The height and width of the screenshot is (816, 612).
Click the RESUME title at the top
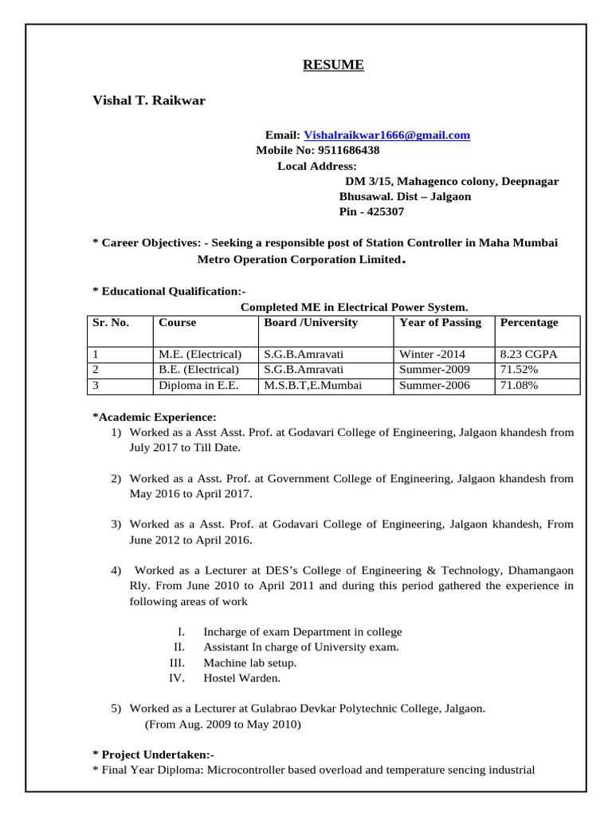(x=333, y=65)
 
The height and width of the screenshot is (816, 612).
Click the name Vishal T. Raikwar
(x=149, y=100)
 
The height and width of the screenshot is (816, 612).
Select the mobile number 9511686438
(x=348, y=151)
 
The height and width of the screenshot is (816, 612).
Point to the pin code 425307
(x=384, y=212)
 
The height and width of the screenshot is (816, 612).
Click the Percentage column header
(x=528, y=323)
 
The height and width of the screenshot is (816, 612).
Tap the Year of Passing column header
(x=440, y=323)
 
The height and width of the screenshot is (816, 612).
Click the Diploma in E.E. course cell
(x=198, y=386)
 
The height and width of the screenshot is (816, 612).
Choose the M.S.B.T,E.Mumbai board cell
(x=313, y=386)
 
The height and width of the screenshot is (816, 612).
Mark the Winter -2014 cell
(x=433, y=354)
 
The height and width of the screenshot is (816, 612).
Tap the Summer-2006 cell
(x=434, y=386)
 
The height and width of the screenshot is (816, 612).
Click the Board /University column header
(x=311, y=323)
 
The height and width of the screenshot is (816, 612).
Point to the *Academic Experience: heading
(x=154, y=418)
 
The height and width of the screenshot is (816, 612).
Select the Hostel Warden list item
(x=242, y=679)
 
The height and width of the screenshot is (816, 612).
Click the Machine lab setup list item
(x=249, y=663)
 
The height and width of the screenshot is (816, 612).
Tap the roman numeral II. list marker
(x=179, y=648)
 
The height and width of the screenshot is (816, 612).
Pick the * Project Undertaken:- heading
(x=154, y=755)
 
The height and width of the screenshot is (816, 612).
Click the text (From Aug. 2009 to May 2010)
(x=222, y=724)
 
